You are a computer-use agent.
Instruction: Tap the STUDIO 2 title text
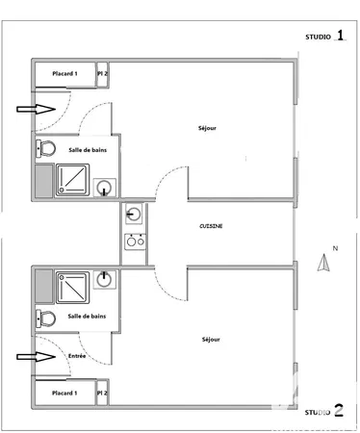(324, 412)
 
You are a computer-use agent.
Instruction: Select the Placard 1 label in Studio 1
(64, 73)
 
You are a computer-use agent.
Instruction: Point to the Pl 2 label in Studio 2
(102, 393)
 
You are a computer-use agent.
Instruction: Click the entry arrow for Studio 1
(38, 111)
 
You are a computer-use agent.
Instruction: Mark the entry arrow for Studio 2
(38, 356)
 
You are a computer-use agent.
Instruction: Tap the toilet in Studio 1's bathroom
(44, 149)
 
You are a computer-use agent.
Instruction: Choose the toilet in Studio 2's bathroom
(44, 317)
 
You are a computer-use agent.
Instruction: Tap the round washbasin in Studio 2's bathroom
(106, 280)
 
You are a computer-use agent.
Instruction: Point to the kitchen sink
(134, 214)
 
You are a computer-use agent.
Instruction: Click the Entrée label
(77, 356)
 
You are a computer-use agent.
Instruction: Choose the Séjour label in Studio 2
(211, 339)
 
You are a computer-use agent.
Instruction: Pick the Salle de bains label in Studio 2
(88, 316)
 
